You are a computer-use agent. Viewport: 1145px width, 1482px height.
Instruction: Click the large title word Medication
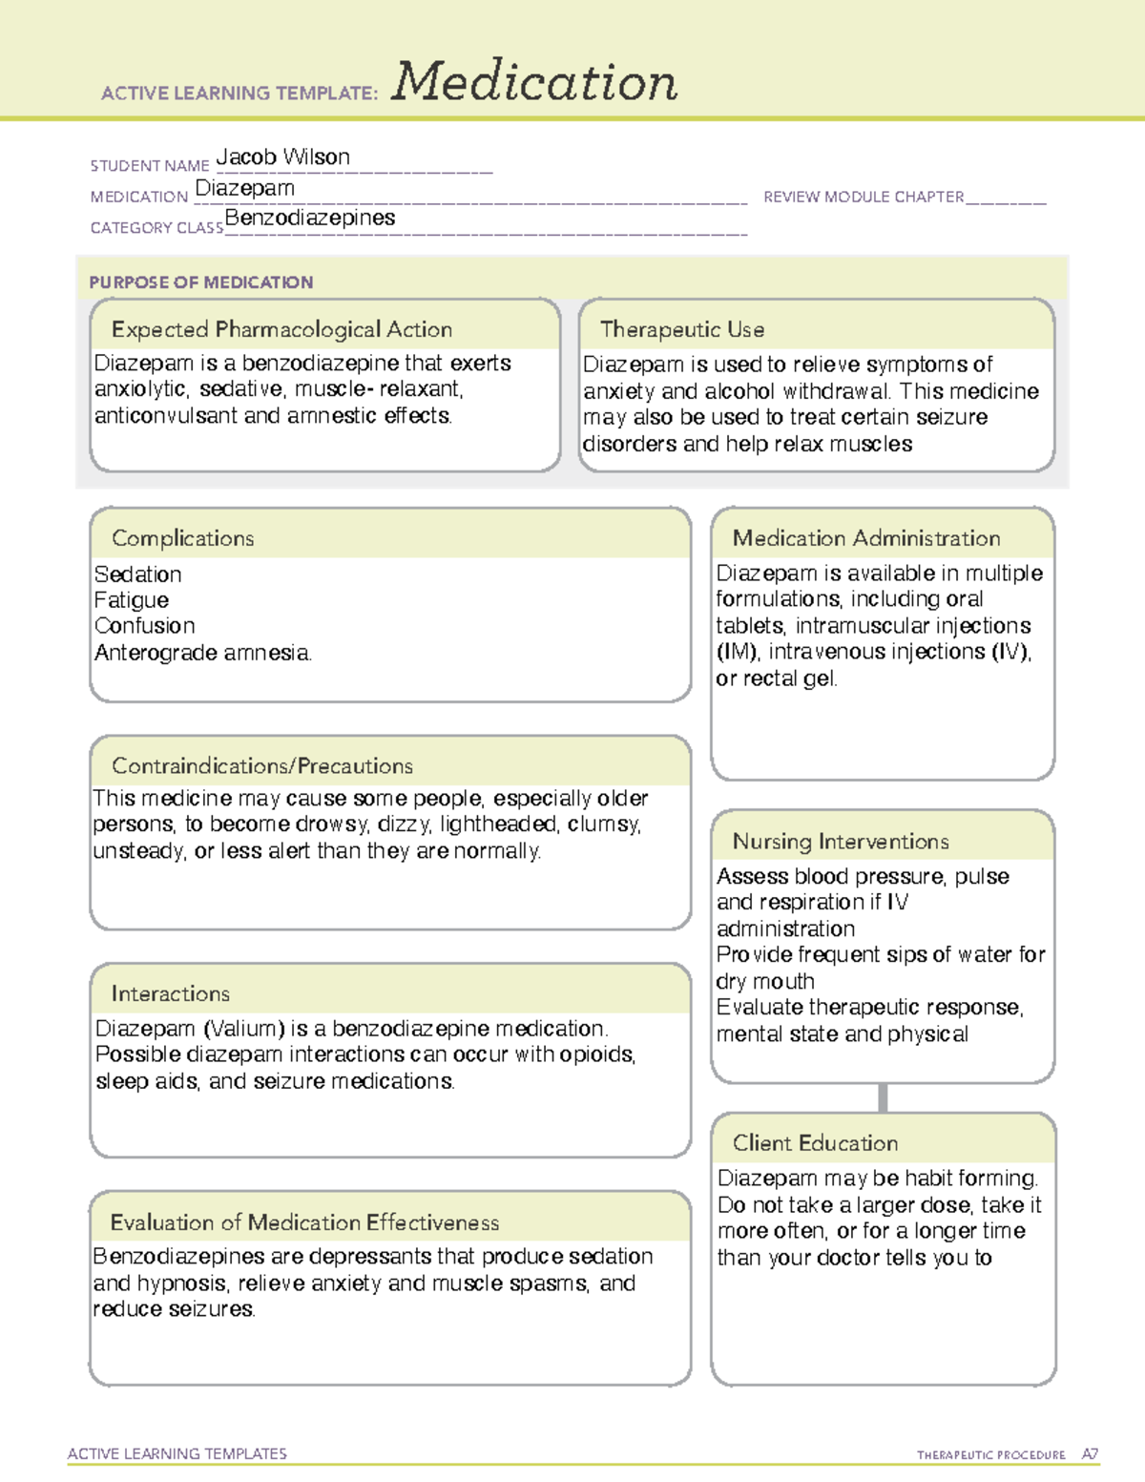pos(534,82)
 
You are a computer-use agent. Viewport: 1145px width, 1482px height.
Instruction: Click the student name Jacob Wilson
pos(282,157)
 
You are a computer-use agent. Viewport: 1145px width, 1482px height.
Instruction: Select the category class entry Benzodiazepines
pos(309,218)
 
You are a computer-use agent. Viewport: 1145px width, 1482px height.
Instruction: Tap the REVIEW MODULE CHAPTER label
pos(863,197)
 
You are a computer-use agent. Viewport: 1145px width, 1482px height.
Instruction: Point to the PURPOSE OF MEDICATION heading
pos(200,282)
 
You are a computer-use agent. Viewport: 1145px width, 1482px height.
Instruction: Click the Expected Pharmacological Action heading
pos(281,329)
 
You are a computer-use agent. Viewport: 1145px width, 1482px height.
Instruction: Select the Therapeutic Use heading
pos(681,329)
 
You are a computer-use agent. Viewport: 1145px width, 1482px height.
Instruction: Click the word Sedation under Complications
pos(137,574)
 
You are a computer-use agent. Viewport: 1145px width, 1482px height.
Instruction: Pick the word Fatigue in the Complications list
pos(132,600)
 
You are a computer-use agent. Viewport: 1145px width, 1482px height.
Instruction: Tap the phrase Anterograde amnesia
pos(202,653)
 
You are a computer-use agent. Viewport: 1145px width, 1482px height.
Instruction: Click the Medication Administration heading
pos(865,538)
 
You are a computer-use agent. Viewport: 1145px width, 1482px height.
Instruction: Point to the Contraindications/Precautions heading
pos(261,765)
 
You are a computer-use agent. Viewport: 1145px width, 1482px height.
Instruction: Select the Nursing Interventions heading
pos(840,841)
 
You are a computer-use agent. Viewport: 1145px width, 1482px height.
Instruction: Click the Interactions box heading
pos(170,993)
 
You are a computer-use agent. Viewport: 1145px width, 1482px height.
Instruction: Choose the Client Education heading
pos(815,1143)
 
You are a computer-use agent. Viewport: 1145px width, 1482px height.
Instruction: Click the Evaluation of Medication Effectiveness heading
pos(304,1222)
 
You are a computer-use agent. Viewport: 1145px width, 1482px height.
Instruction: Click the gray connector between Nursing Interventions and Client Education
pos(883,1097)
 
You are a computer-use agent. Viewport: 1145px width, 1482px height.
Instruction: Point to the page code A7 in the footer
pos(1090,1454)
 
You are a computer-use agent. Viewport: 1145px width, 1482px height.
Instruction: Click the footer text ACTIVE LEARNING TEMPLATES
pos(177,1453)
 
